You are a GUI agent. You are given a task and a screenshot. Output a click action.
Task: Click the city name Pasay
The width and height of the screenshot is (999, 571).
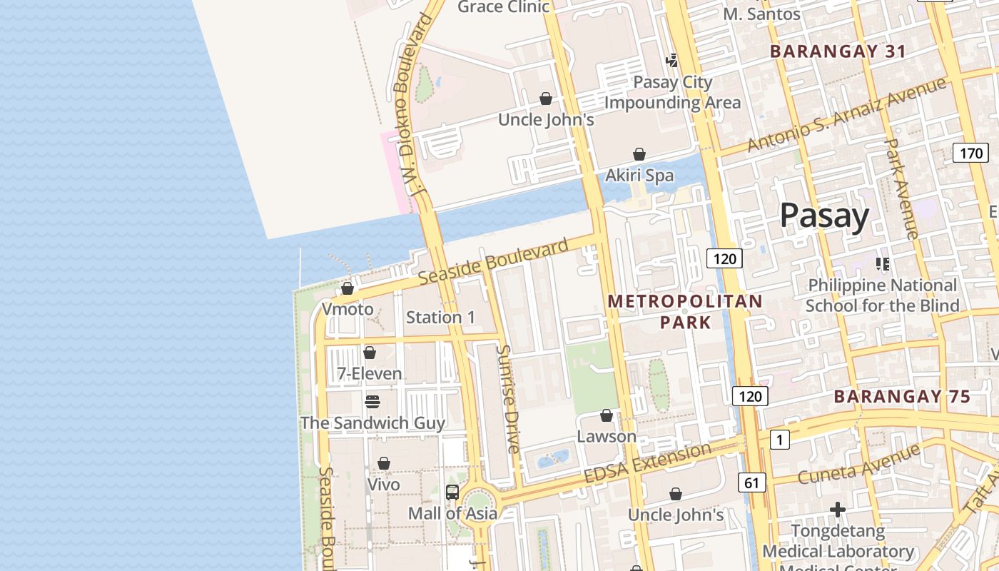[824, 216]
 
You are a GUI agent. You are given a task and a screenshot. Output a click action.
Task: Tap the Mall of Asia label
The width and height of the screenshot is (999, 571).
[452, 513]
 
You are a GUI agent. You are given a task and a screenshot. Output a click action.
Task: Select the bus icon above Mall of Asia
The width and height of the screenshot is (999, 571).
[452, 492]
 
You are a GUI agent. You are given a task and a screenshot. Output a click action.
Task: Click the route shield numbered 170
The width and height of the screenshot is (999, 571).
[970, 152]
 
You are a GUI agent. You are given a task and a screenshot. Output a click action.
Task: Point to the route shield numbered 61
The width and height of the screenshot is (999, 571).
[751, 482]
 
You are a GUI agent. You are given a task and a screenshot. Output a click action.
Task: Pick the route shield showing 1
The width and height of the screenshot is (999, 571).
[780, 440]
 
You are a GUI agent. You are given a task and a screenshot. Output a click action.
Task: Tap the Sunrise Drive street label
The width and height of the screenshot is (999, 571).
[509, 399]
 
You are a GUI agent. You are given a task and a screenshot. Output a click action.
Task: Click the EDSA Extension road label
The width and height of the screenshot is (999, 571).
[648, 463]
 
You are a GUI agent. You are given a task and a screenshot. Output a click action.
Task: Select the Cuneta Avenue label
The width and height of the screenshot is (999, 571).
[859, 465]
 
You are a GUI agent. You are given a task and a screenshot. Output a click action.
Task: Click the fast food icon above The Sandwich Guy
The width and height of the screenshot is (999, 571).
[372, 401]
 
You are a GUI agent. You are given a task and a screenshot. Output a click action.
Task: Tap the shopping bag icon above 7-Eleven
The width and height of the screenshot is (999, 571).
[370, 353]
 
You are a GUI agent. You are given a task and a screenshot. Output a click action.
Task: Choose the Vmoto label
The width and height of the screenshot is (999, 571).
[348, 309]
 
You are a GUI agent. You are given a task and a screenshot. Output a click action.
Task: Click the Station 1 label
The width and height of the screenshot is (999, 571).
[440, 317]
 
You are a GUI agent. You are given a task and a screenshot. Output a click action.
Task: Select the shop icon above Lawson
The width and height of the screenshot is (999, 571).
[607, 415]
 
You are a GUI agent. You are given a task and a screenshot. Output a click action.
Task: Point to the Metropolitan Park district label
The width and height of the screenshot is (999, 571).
[685, 312]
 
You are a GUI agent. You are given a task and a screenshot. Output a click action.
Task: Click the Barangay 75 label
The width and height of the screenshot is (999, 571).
[902, 396]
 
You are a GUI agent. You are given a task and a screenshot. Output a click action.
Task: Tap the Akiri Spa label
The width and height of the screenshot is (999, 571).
[639, 175]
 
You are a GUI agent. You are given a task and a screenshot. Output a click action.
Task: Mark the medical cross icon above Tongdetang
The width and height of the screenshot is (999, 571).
[838, 510]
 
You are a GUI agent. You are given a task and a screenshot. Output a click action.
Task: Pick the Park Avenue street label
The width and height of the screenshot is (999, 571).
[901, 188]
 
